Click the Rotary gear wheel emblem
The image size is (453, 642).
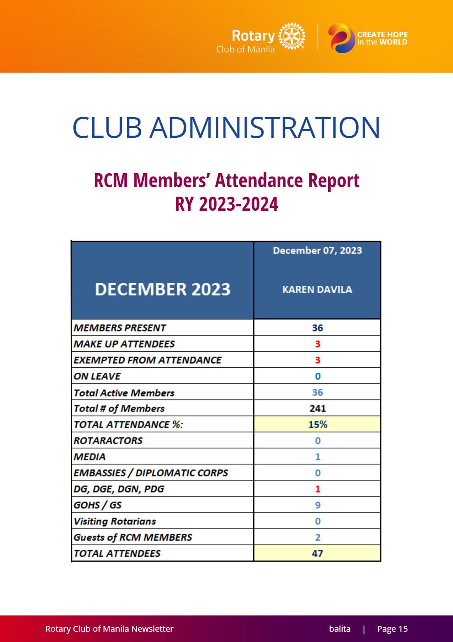coord(292,36)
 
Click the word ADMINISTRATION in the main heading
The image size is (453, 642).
coord(265,127)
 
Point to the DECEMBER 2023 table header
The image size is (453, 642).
coord(163,289)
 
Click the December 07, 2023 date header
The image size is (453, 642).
coord(318,251)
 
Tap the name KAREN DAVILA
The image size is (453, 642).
coord(317,289)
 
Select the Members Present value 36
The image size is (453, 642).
coord(318,327)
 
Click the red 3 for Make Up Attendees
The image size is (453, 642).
coord(318,343)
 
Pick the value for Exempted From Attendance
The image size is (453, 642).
coord(318,360)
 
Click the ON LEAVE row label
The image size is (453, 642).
coord(97,376)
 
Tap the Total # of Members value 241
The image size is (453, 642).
coord(318,408)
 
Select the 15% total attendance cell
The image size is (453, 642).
coord(317,424)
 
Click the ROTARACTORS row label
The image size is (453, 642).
coord(108,440)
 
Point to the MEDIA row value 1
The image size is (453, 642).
coord(318,456)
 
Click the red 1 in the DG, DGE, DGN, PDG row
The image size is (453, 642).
coord(318,489)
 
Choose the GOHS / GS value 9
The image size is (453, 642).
coord(318,505)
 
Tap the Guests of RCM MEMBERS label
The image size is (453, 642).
coord(133,537)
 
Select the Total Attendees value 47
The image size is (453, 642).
coord(318,553)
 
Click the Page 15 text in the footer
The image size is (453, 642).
coord(392,628)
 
